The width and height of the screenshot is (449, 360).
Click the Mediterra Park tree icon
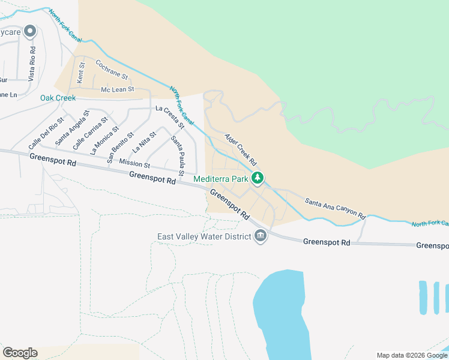pyautogui.click(x=258, y=178)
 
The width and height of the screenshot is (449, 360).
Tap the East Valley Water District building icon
pyautogui.click(x=261, y=236)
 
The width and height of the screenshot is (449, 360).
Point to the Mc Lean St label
pyautogui.click(x=116, y=90)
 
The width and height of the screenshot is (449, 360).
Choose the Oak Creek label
pyautogui.click(x=58, y=98)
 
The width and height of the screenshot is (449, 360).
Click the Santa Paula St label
pyautogui.click(x=177, y=152)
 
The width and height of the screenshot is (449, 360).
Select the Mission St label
pyautogui.click(x=134, y=163)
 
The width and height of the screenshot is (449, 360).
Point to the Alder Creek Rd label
pyautogui.click(x=241, y=149)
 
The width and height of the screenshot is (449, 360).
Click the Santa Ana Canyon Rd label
pyautogui.click(x=335, y=208)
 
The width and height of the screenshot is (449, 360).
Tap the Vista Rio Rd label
pyautogui.click(x=32, y=64)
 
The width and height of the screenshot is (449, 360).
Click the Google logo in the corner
pyautogui.click(x=20, y=353)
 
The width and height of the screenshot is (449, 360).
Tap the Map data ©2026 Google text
pyautogui.click(x=411, y=355)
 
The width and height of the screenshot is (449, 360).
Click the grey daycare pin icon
pyautogui.click(x=29, y=32)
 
